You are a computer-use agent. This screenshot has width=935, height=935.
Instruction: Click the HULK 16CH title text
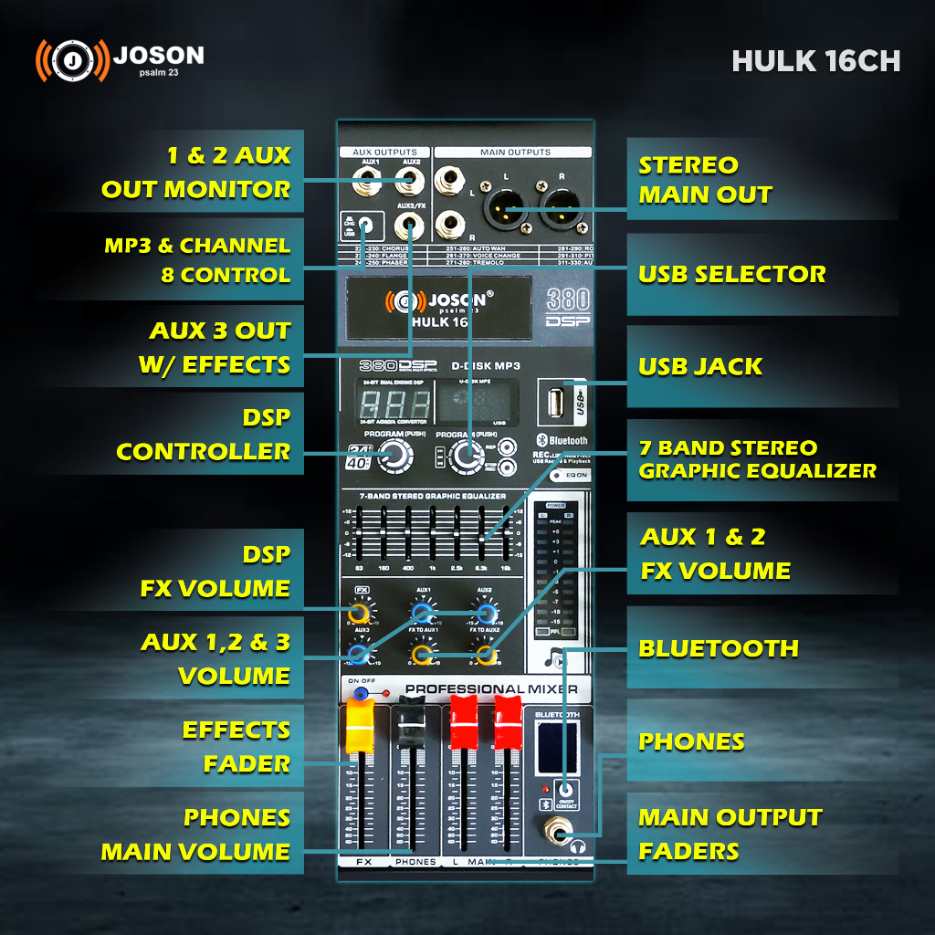click(x=815, y=60)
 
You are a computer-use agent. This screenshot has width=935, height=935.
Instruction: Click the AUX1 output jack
click(x=369, y=179)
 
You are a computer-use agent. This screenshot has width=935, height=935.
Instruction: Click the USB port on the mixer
click(x=555, y=402)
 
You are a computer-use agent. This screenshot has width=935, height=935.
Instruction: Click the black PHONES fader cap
click(x=410, y=723)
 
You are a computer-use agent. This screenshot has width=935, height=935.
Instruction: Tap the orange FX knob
click(x=360, y=613)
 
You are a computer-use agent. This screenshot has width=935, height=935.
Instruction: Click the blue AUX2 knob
click(x=485, y=613)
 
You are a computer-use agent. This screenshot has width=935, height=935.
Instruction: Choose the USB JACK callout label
click(x=700, y=367)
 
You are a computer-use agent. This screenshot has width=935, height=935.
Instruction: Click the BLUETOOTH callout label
click(x=719, y=648)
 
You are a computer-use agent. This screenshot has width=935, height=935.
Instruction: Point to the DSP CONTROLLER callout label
click(x=204, y=435)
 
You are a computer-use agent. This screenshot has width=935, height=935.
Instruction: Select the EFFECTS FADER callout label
click(x=236, y=747)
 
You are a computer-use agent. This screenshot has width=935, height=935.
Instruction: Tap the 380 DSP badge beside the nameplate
click(x=567, y=309)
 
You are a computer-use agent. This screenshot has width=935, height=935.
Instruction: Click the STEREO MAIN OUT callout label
click(x=705, y=180)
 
